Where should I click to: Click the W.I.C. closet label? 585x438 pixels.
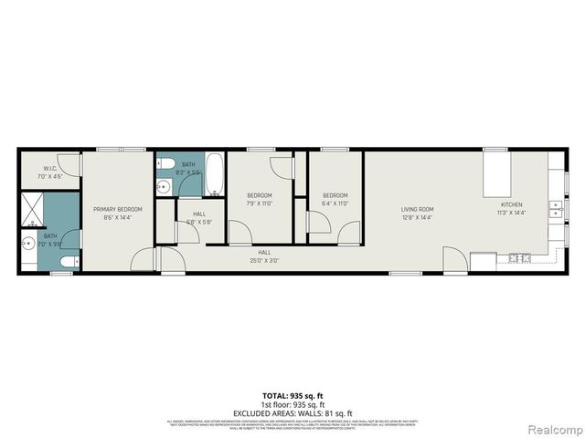pos(50,169)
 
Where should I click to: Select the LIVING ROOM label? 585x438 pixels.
pos(416,210)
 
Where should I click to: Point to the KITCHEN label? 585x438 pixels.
pos(510,204)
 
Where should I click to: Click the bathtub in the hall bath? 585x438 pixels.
pos(213,174)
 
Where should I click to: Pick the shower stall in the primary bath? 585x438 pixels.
pos(31,211)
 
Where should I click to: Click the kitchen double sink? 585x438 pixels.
pos(555,211)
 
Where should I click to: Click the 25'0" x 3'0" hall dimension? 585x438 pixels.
pos(264,259)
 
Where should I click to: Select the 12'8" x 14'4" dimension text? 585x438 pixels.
pos(416,217)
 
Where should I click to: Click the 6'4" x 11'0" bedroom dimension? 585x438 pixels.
pos(335,203)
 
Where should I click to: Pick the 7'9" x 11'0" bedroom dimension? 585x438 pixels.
pos(261,203)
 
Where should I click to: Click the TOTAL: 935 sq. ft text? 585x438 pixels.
pos(292,396)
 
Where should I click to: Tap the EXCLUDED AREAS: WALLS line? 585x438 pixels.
pos(292,412)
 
